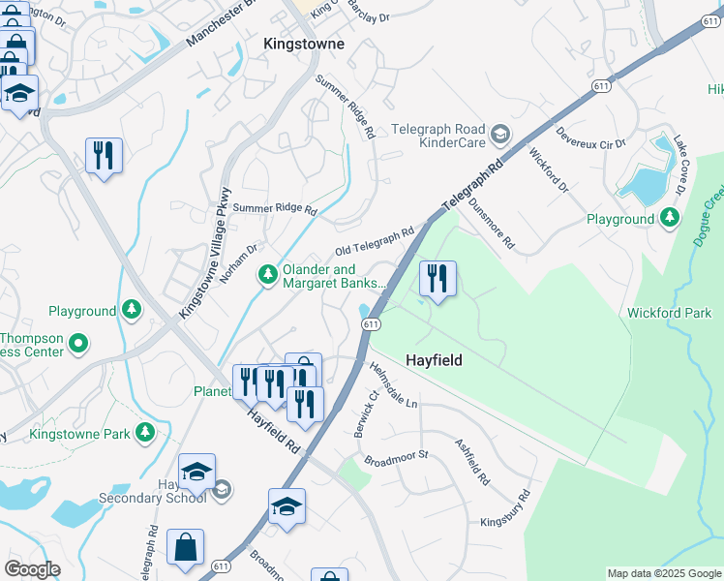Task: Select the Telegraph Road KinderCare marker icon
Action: pos(500,134)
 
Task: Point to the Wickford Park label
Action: pos(669,313)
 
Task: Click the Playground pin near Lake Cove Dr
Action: pos(669,219)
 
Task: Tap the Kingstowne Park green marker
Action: pos(145,432)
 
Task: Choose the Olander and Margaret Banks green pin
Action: pos(268,277)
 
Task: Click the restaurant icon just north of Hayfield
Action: pos(437,280)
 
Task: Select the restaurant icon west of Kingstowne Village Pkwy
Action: pos(104,155)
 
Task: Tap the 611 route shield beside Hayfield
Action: pos(371,324)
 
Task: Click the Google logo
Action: pos(32,569)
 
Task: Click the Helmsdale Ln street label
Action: pos(393,384)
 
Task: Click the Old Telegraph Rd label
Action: pos(375,239)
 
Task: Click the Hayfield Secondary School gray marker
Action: pos(222,490)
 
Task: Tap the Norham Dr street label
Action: pos(238,261)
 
